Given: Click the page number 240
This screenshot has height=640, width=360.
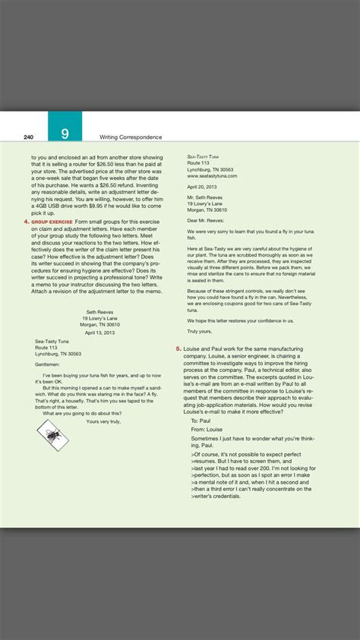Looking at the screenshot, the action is coord(28,137).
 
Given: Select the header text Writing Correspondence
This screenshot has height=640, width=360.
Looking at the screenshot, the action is coord(131,137).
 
